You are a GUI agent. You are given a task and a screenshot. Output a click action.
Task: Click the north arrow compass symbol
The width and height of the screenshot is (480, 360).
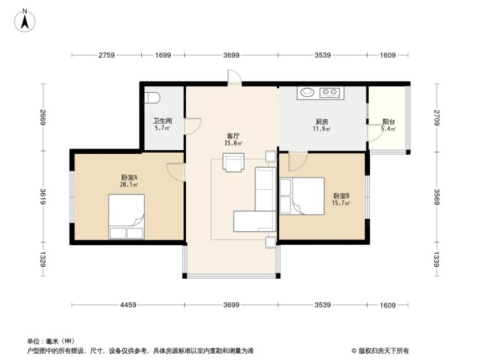(25, 20)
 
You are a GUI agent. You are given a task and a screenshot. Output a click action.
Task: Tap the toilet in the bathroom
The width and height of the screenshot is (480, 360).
(152, 98)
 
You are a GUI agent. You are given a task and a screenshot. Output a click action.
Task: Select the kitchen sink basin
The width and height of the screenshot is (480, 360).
(307, 92)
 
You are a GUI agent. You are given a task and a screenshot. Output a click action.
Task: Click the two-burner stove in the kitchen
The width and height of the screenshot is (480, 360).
(330, 92)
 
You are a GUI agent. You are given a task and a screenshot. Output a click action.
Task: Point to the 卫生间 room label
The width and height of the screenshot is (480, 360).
(163, 120)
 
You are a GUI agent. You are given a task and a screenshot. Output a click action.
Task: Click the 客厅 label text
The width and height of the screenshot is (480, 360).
(233, 136)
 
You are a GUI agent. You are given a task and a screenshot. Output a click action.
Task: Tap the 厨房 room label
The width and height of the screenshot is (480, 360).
(322, 122)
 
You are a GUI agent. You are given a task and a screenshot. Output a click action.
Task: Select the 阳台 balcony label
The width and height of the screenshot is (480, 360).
(388, 122)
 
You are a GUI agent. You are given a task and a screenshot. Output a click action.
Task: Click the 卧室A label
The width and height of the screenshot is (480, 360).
(129, 177)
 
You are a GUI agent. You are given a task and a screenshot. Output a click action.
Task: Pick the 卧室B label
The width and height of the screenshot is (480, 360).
(341, 196)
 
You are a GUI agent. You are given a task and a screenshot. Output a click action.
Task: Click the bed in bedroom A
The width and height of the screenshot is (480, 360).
(127, 216)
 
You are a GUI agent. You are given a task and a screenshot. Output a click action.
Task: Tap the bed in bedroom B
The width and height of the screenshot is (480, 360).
(302, 196)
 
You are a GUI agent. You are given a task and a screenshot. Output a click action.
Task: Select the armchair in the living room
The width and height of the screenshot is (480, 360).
(233, 162)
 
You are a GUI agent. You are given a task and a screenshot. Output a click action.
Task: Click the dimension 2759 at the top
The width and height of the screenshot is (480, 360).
(106, 55)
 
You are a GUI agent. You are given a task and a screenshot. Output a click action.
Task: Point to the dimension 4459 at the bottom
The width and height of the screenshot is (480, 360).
(128, 305)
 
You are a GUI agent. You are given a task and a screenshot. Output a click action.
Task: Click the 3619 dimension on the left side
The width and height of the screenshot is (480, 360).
(43, 197)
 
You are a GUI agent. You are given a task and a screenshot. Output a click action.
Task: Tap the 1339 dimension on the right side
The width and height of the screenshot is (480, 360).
(436, 259)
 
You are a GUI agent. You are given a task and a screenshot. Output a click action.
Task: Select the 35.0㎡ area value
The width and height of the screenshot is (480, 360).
(233, 144)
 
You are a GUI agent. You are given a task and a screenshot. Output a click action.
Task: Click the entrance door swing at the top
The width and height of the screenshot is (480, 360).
(235, 76)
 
